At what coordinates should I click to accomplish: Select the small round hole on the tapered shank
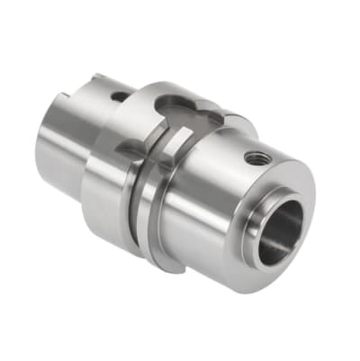point(117,96)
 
